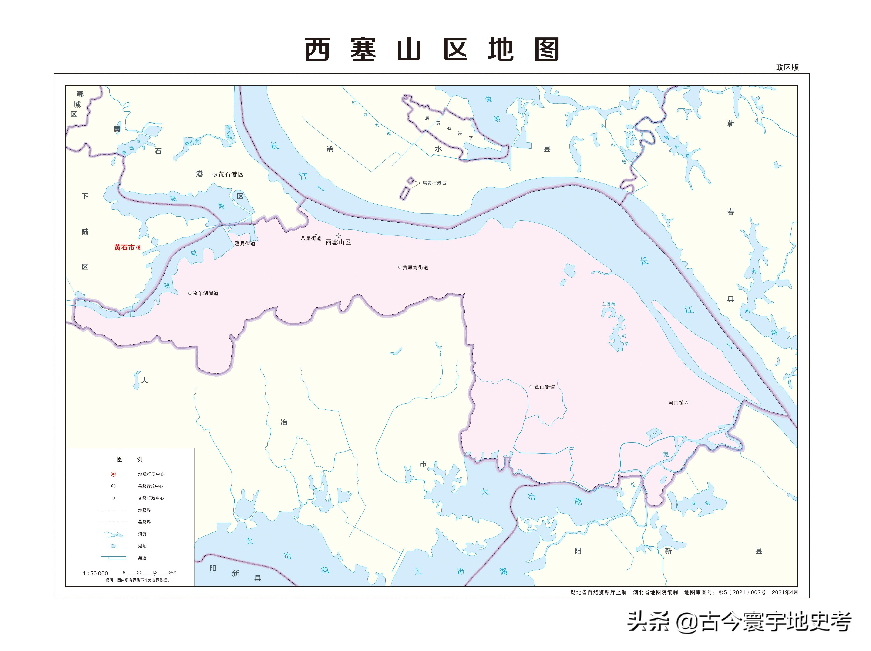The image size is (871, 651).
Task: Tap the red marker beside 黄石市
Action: pos(139,247)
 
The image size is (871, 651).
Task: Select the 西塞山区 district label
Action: pos(338,242)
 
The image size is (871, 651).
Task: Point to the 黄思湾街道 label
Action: pos(415,267)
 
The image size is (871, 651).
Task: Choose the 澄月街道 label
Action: pos(245,243)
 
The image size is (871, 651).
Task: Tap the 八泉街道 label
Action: pos(311,238)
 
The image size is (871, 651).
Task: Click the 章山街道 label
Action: pos(545,387)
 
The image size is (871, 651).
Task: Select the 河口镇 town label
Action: pos(676,403)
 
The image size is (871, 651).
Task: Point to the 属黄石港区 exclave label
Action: pos(434,183)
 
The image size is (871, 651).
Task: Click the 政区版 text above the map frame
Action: pos(787,67)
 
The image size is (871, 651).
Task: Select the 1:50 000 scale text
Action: pos(95,574)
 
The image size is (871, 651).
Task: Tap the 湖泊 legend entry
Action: pos(142,546)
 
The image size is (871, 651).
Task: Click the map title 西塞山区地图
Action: pos(432,50)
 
